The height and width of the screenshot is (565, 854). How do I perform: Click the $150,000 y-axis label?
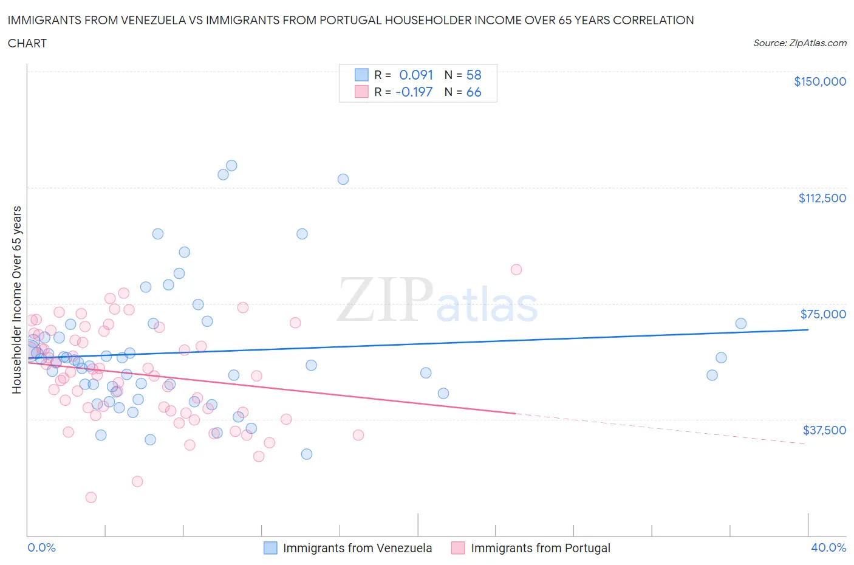(819, 81)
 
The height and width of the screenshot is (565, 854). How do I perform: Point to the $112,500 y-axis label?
(822, 198)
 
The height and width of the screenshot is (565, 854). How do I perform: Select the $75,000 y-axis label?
(823, 314)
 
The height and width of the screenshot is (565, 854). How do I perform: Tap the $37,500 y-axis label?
(824, 430)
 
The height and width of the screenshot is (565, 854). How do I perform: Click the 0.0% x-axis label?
(41, 547)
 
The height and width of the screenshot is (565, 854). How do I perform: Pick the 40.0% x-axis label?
(828, 547)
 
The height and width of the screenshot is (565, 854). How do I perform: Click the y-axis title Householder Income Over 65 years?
(17, 300)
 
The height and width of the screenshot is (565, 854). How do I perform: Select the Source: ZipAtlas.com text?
(799, 43)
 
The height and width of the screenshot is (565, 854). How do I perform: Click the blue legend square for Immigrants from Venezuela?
(270, 548)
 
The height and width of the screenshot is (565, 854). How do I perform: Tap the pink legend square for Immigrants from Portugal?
(458, 548)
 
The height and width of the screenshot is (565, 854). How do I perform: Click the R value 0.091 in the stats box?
(415, 75)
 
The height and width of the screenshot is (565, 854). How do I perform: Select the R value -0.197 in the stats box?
(414, 92)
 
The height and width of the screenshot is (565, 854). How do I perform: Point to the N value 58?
(473, 75)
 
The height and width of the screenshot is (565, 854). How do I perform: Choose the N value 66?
(473, 92)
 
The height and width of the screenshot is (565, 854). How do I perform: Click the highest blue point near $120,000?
(231, 165)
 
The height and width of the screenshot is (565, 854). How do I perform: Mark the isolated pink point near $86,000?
(516, 270)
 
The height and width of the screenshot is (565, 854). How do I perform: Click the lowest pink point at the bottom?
(91, 498)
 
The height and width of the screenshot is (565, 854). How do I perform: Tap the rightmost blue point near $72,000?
(740, 323)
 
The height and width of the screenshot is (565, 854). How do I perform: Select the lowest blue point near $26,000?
(307, 454)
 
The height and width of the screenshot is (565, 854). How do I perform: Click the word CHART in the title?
(27, 43)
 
